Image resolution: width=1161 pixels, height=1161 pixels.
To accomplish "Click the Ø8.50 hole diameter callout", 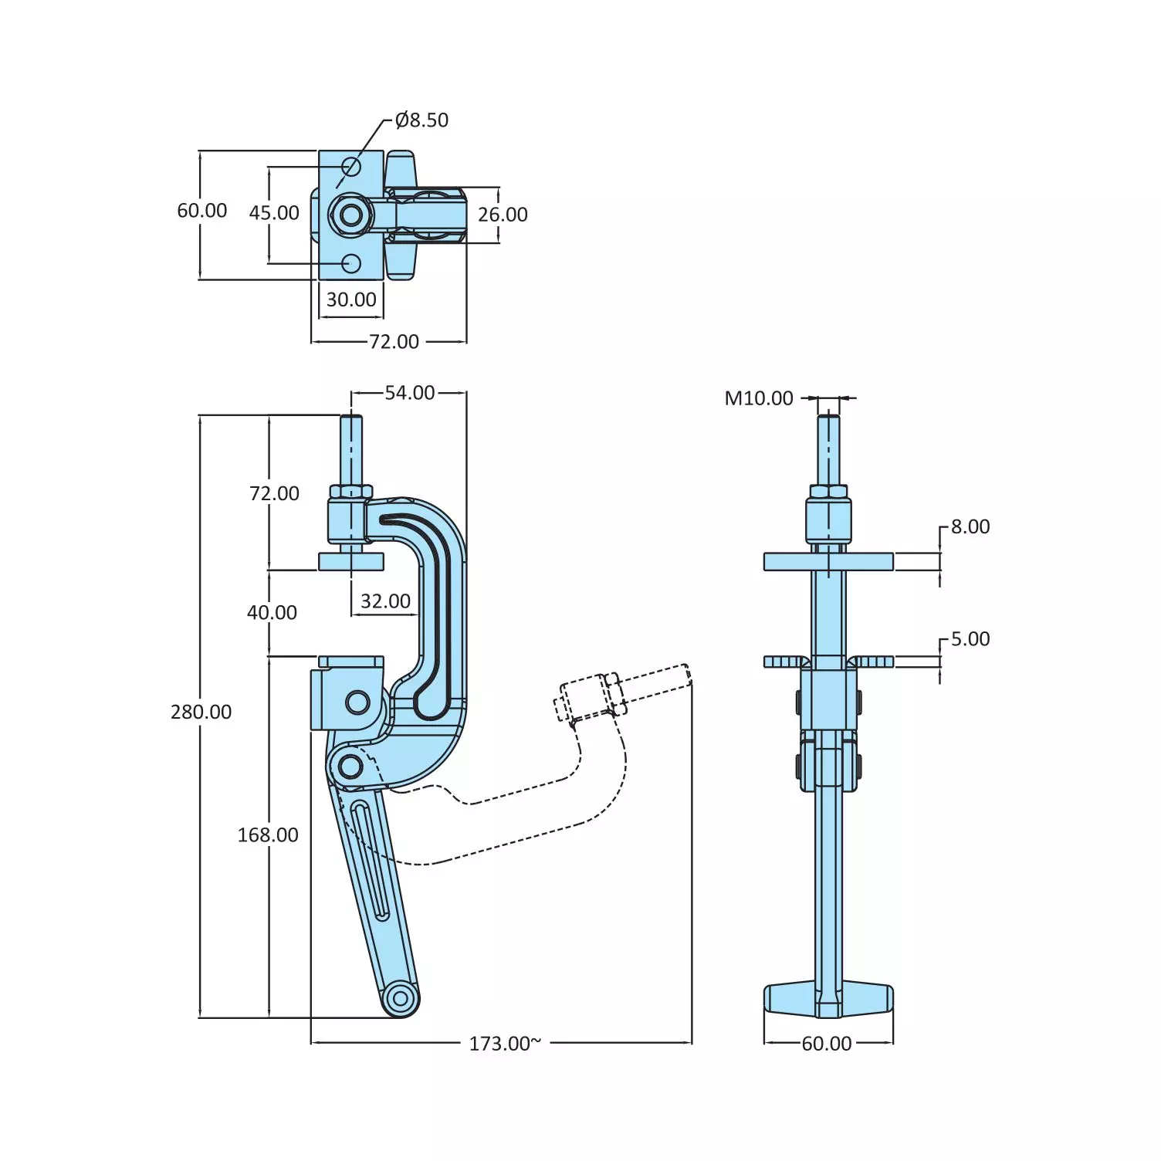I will click(421, 120).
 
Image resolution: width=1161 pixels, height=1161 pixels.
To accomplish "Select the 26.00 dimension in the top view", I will click(503, 215).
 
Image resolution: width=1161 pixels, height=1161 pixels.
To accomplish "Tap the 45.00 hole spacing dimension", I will click(274, 213).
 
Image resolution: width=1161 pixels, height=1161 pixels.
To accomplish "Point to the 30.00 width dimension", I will click(351, 300).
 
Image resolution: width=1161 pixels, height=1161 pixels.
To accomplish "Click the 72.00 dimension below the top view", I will click(394, 341).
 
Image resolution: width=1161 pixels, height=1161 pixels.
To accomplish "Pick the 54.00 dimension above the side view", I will click(410, 393).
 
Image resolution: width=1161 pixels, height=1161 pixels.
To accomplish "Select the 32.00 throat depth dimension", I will click(385, 601).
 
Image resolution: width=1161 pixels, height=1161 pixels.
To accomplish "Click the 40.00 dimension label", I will click(272, 613).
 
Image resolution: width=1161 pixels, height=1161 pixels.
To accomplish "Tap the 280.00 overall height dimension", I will click(201, 712).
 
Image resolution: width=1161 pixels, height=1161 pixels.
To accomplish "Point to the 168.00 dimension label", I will click(268, 834).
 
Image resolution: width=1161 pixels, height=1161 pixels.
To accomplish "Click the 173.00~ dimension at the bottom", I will click(505, 1044).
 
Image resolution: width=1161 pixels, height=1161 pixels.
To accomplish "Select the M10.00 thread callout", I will click(759, 398).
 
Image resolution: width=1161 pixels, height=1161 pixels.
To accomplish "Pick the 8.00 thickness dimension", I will click(970, 527).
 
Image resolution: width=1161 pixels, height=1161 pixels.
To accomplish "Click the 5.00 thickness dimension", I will click(970, 639).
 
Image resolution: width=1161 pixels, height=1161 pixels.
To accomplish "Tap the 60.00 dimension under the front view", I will click(826, 1044).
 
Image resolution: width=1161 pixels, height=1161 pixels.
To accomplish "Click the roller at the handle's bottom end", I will click(401, 999).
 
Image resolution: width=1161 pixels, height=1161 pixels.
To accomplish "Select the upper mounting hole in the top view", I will click(351, 167).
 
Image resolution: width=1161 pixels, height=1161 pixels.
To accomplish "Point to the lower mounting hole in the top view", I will click(351, 263).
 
